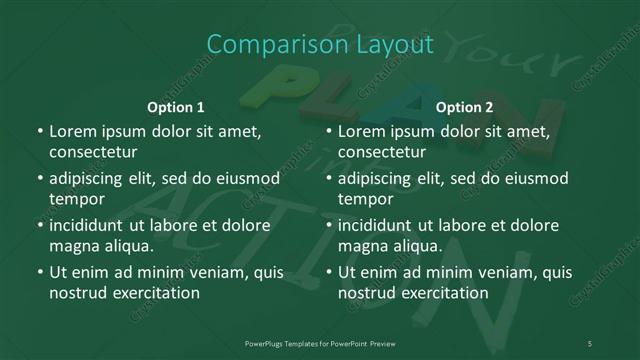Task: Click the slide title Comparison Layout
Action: (320, 45)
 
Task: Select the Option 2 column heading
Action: (464, 107)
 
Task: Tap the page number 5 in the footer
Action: (590, 343)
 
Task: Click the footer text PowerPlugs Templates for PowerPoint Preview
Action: (320, 343)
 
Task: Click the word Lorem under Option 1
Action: (72, 131)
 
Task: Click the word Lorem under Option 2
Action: (361, 131)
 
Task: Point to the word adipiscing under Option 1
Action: (88, 178)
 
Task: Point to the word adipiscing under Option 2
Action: (377, 178)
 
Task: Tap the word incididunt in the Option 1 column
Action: (87, 225)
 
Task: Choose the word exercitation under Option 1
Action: (155, 293)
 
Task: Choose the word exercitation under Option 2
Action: (444, 293)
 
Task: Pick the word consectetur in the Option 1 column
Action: (92, 152)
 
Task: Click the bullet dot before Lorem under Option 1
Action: (39, 132)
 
